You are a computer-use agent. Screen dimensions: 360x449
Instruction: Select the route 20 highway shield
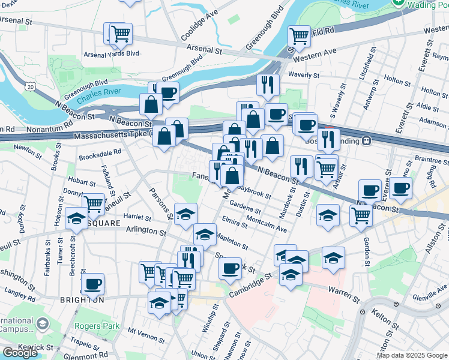(x=31, y=87)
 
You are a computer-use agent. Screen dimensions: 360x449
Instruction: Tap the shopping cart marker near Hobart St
(x=94, y=203)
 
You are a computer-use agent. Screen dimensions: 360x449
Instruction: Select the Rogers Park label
(x=91, y=326)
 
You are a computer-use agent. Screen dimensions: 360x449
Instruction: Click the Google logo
(x=20, y=352)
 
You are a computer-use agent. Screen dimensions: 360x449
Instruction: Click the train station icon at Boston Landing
(x=366, y=141)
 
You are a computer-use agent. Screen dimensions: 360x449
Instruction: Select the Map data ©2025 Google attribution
(x=412, y=355)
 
